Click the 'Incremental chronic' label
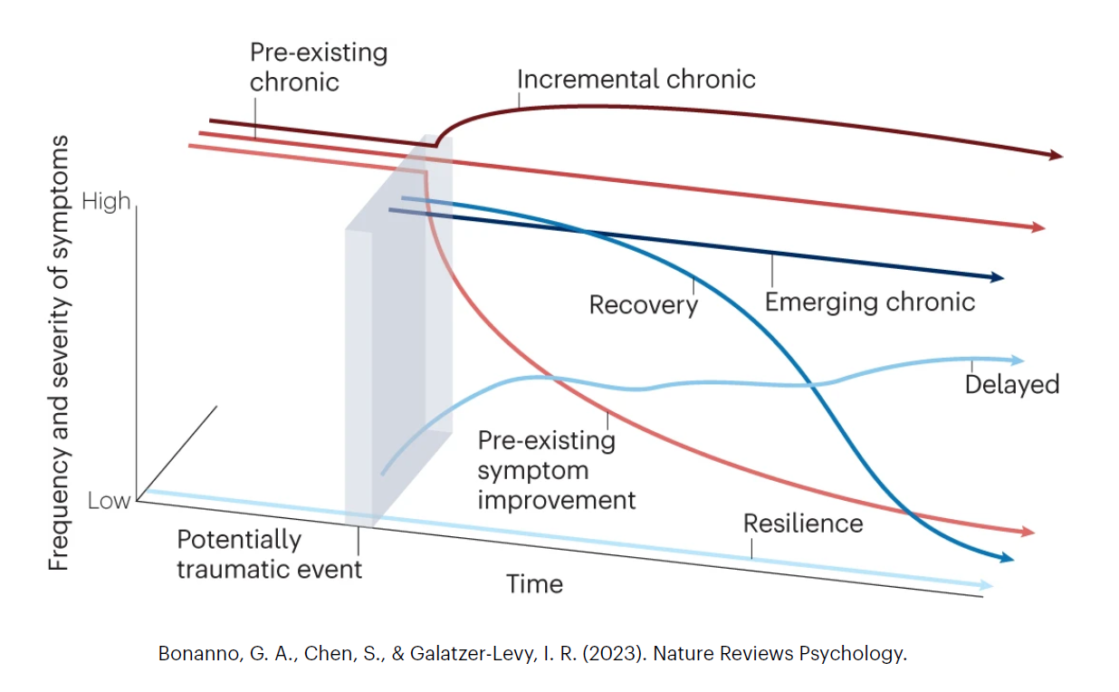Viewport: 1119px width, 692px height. pos(636,79)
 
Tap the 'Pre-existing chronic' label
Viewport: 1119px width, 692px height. pos(318,67)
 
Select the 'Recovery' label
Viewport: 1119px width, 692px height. pos(643,304)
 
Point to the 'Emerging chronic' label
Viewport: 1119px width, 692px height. pos(869,301)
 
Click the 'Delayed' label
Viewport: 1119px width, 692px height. pos(1011,384)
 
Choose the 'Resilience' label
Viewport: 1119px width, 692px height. pos(802,524)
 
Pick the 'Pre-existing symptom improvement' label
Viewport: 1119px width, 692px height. pos(556,470)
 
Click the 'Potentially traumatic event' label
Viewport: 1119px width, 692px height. pos(269,554)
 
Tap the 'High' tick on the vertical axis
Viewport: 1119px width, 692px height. pos(106,201)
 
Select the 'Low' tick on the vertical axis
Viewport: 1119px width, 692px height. pos(109,501)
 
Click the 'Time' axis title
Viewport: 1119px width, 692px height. pos(534,584)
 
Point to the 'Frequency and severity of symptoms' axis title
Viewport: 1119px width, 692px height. pos(59,353)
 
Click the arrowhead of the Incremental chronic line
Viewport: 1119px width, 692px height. pos(1055,156)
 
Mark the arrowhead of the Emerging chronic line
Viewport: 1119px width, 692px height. pos(997,277)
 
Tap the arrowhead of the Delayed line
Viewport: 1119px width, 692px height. pos(1017,360)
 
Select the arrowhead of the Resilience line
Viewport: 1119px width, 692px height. pos(986,586)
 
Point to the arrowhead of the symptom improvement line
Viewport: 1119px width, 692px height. pos(1027,532)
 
